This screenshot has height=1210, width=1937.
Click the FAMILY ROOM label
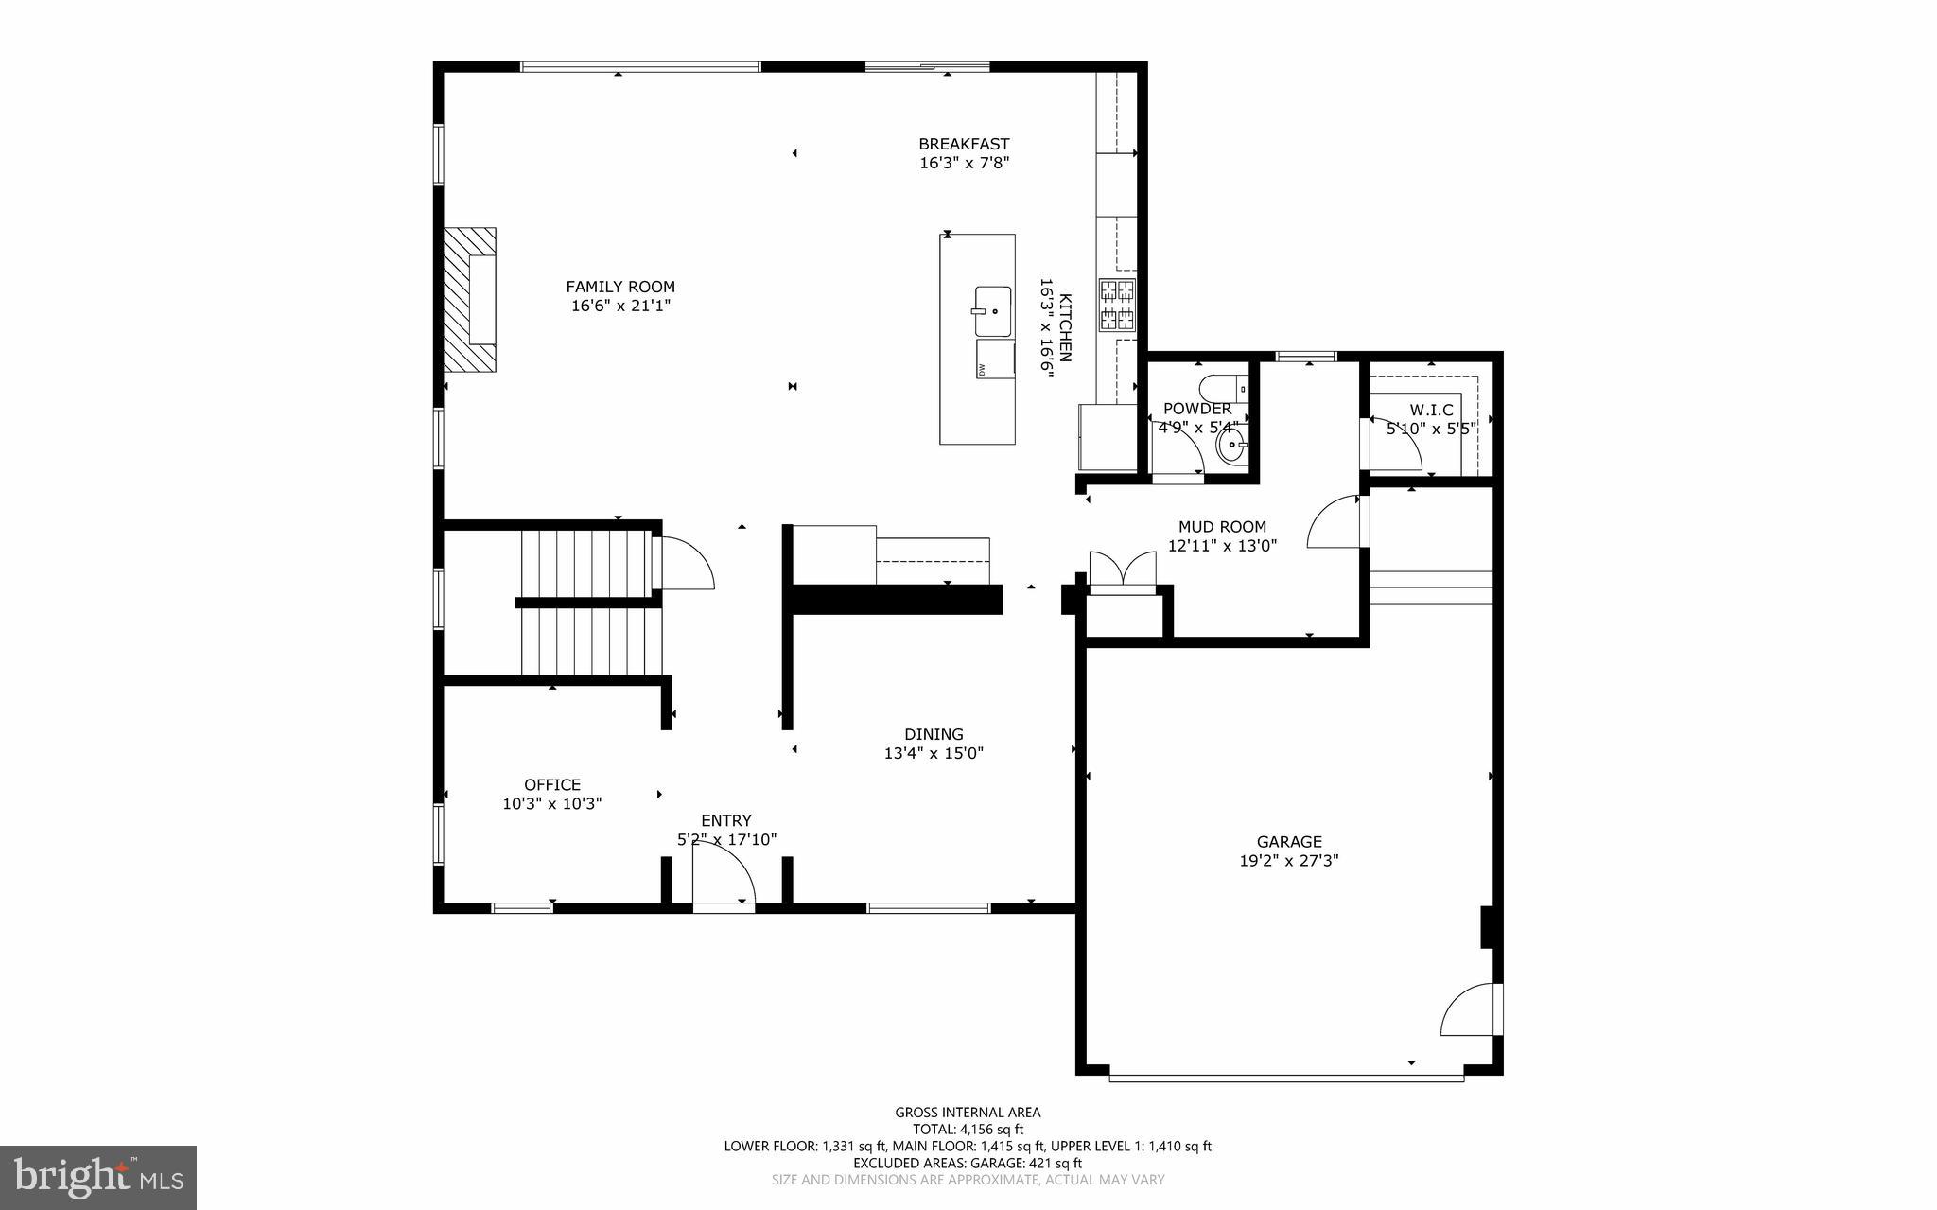[x=620, y=287]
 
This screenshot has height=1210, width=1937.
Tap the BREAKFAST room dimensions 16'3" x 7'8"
[x=965, y=163]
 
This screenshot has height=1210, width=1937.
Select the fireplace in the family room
[x=471, y=299]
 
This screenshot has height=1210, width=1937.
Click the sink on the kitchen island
[x=992, y=310]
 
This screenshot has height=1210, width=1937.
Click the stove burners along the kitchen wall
[x=1117, y=305]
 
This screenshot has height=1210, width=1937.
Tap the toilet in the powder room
[x=1221, y=388]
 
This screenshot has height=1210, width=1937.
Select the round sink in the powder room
[x=1232, y=445]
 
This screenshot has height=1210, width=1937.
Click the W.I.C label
[x=1431, y=410]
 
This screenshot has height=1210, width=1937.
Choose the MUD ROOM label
[x=1222, y=527]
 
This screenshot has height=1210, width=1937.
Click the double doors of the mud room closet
[x=1123, y=570]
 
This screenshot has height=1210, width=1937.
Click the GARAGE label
[x=1289, y=841]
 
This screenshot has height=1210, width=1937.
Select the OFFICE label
[x=552, y=784]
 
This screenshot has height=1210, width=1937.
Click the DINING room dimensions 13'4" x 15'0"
[x=934, y=753]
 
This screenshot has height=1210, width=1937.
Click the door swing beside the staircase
[x=687, y=564]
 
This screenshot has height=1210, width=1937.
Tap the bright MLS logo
[x=98, y=1177]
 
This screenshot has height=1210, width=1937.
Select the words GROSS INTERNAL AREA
[x=968, y=1113]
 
